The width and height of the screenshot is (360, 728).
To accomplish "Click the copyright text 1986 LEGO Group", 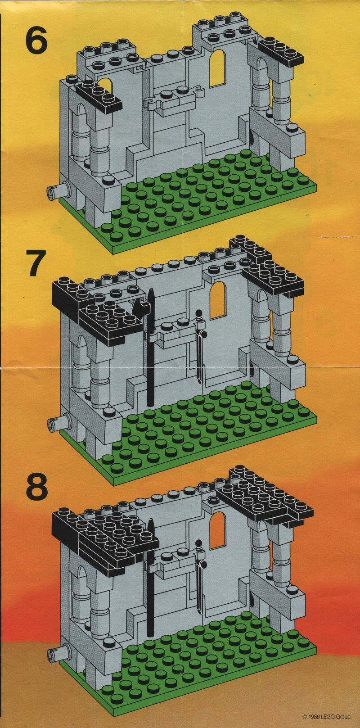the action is point(327,716).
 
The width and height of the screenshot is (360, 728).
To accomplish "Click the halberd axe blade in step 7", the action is point(139,307).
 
